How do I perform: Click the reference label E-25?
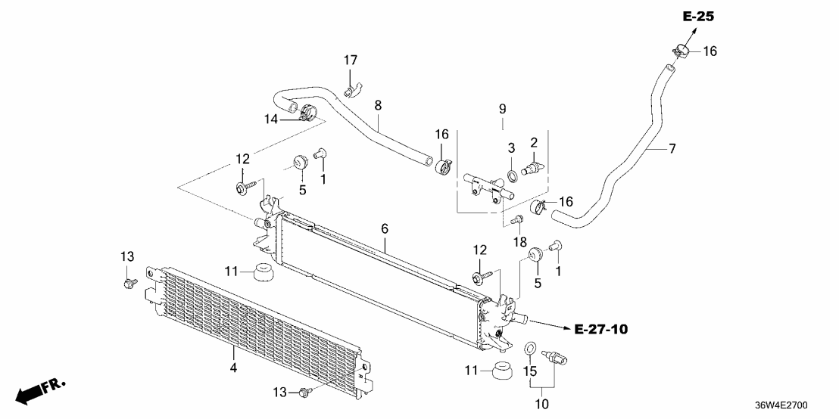click(x=698, y=16)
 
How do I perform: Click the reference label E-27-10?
click(x=601, y=329)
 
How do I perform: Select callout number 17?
click(x=350, y=61)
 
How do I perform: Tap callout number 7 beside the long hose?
click(x=671, y=148)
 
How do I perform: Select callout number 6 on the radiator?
click(x=384, y=228)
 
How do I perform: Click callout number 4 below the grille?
click(x=233, y=368)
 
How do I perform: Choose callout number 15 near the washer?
click(x=529, y=371)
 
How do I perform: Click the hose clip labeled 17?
click(x=350, y=92)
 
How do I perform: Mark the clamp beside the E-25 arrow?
click(x=681, y=51)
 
